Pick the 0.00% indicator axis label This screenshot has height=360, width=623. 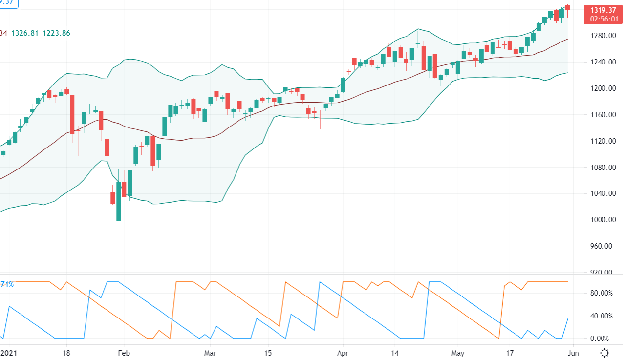click(x=602, y=339)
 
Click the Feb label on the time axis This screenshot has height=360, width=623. click(x=124, y=353)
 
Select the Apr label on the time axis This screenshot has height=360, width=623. click(x=344, y=353)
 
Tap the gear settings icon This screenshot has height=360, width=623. click(x=605, y=353)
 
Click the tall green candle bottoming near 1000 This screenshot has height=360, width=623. click(x=119, y=201)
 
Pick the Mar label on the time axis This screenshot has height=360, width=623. click(x=211, y=353)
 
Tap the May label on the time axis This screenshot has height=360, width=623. click(x=458, y=353)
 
